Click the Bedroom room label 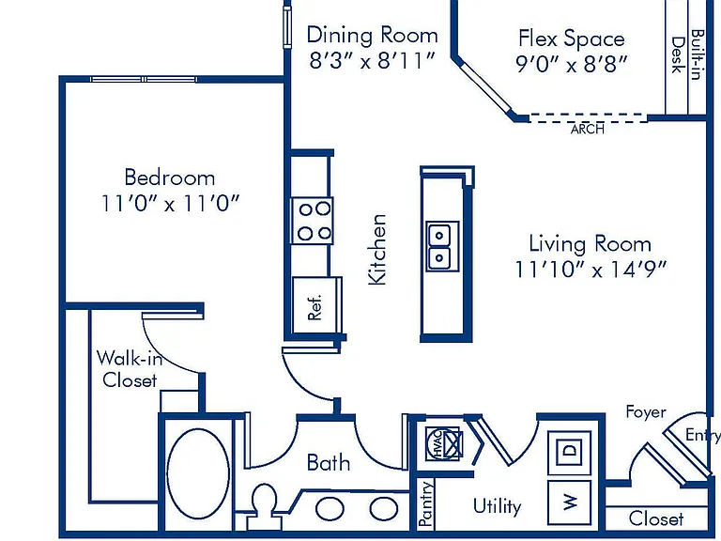click(x=170, y=178)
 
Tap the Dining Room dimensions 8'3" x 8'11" click(x=372, y=60)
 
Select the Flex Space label click(x=572, y=39)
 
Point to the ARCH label click(x=587, y=129)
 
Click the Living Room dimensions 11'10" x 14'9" click(x=590, y=270)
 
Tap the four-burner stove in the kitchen click(x=313, y=222)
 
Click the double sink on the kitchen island click(x=442, y=246)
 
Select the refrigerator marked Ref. click(x=315, y=305)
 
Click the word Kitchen click(x=377, y=250)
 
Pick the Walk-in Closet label click(x=130, y=369)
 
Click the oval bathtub click(x=198, y=473)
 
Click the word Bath click(x=329, y=462)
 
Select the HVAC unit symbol click(x=444, y=444)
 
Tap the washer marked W click(x=569, y=502)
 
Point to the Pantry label click(x=426, y=503)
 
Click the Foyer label click(x=646, y=411)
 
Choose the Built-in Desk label click(x=687, y=54)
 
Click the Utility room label click(x=497, y=506)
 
